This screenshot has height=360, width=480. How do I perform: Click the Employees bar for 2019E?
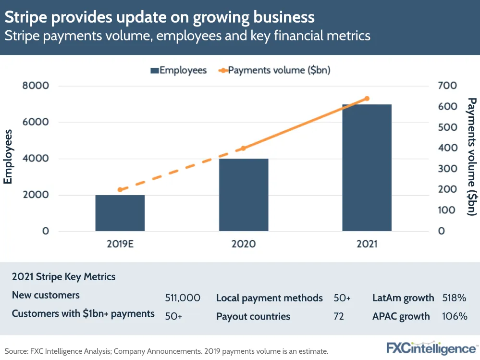pyautogui.click(x=120, y=213)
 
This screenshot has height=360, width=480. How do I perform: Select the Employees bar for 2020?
pyautogui.click(x=244, y=195)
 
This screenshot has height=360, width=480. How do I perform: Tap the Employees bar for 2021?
pyautogui.click(x=367, y=167)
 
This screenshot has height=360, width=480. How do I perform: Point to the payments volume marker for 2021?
pyautogui.click(x=367, y=99)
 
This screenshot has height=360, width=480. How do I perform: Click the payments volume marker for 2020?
pyautogui.click(x=243, y=148)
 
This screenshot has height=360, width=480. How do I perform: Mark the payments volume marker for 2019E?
pyautogui.click(x=120, y=190)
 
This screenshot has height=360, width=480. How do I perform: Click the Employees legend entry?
pyautogui.click(x=178, y=70)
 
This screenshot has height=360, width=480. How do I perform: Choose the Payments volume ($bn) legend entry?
pyautogui.click(x=274, y=70)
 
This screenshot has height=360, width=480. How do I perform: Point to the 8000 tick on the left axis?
pyautogui.click(x=36, y=86)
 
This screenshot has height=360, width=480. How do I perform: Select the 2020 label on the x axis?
pyautogui.click(x=244, y=244)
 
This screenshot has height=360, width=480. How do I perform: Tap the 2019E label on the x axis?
pyautogui.click(x=120, y=244)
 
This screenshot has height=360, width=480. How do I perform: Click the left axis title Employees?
pyautogui.click(x=8, y=157)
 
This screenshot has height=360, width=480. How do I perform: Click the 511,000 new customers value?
pyautogui.click(x=182, y=298)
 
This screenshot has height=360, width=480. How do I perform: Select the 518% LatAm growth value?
pyautogui.click(x=455, y=298)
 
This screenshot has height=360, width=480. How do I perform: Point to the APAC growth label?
pyautogui.click(x=401, y=316)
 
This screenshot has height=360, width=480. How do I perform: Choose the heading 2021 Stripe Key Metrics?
pyautogui.click(x=63, y=277)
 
